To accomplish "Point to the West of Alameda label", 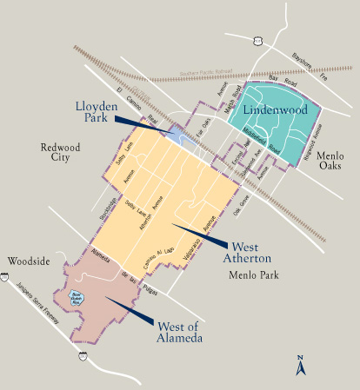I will click(x=179, y=331).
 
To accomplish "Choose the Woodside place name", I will click(x=28, y=260).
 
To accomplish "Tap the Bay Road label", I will click(x=282, y=80).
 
